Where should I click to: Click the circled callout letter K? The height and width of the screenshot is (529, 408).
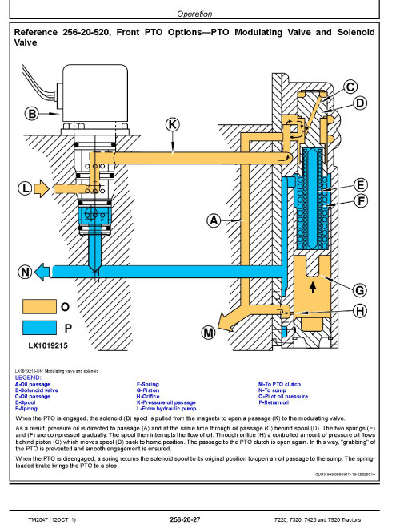172,124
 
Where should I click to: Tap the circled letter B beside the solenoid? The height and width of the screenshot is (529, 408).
32,114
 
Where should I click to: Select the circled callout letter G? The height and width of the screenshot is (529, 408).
359,290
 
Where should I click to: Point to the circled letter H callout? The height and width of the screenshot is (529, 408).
360,311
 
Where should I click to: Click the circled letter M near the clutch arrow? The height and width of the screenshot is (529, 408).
208,333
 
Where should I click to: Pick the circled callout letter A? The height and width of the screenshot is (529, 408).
214,220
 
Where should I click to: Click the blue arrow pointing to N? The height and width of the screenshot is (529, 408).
42,272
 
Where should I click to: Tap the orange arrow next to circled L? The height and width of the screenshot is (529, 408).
42,188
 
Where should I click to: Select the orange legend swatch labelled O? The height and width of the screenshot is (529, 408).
39,307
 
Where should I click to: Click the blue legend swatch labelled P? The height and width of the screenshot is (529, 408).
39,328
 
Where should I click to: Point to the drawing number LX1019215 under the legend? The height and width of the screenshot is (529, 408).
48,345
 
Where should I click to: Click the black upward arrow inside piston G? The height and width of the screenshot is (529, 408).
313,288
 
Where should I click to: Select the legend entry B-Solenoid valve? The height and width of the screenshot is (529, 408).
36,390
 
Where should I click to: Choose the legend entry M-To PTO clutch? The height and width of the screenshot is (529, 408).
279,384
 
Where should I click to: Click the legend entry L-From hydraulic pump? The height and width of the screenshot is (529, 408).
166,409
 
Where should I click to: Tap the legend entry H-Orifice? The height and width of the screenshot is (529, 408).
148,397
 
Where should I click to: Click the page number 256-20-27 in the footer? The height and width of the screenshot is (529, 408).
185,519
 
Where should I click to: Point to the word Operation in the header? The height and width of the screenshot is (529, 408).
194,14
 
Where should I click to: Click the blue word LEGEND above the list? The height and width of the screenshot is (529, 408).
28,378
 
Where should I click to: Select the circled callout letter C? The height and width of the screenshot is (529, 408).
350,87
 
